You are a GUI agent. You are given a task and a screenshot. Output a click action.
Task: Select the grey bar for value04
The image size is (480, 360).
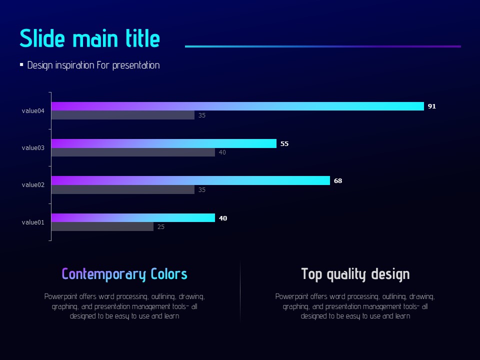123,115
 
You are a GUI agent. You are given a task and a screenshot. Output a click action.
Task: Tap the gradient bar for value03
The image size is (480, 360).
164,143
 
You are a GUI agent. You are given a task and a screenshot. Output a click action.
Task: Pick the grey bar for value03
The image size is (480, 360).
133,152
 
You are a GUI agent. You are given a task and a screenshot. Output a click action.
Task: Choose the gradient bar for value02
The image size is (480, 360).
190,180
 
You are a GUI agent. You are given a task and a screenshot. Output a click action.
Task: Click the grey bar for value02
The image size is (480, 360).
123,190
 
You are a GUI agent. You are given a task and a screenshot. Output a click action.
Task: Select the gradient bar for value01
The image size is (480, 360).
133,217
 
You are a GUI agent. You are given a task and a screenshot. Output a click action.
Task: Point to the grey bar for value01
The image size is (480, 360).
102,227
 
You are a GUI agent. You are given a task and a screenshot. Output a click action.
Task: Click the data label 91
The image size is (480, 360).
432,106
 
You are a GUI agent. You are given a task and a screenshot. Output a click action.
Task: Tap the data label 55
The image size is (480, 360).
284,144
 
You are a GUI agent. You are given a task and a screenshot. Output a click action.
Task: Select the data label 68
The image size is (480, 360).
338,181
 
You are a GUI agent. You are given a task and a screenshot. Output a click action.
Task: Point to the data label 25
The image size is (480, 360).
161,227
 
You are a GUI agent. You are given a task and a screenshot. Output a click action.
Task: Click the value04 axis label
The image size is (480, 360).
33,111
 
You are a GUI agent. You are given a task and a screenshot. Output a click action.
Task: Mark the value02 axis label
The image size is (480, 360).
33,185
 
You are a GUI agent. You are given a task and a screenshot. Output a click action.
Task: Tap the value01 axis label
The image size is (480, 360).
33,222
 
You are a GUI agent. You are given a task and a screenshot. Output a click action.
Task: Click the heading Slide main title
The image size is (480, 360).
90,39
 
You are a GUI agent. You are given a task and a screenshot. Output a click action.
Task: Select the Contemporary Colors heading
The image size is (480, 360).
124,274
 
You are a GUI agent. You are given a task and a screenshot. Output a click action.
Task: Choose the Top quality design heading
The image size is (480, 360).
355,274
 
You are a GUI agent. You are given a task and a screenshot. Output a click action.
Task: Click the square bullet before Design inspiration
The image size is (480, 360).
21,64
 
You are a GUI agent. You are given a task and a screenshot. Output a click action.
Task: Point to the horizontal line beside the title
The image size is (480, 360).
322,46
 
